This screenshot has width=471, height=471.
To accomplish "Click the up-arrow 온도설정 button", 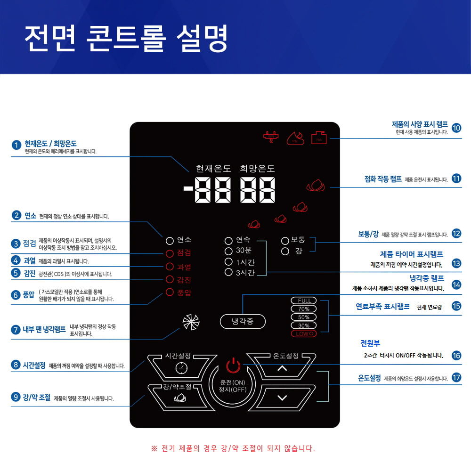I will click(x=282, y=368).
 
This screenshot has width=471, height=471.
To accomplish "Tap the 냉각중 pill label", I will click(x=243, y=322).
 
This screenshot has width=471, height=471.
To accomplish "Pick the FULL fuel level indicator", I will click(x=304, y=301).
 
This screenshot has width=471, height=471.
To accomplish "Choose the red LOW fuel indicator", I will click(x=304, y=334).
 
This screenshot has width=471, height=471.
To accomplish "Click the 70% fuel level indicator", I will click(x=304, y=309).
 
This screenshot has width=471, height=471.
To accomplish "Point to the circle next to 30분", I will click(x=229, y=251).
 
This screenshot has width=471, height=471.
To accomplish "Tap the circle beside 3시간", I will click(x=229, y=272).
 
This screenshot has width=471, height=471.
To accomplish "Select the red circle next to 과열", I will click(x=170, y=267).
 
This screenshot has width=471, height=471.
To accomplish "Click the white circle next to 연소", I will click(x=170, y=240).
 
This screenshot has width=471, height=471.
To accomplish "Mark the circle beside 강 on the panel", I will click(x=285, y=251).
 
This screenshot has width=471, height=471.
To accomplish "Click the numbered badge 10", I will click(x=456, y=128).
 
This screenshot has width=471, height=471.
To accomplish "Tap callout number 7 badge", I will click(x=16, y=329).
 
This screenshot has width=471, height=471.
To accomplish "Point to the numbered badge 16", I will click(x=456, y=356).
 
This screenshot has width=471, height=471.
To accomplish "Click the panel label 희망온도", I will click(x=258, y=169).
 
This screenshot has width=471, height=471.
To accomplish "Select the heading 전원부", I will click(x=370, y=343).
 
